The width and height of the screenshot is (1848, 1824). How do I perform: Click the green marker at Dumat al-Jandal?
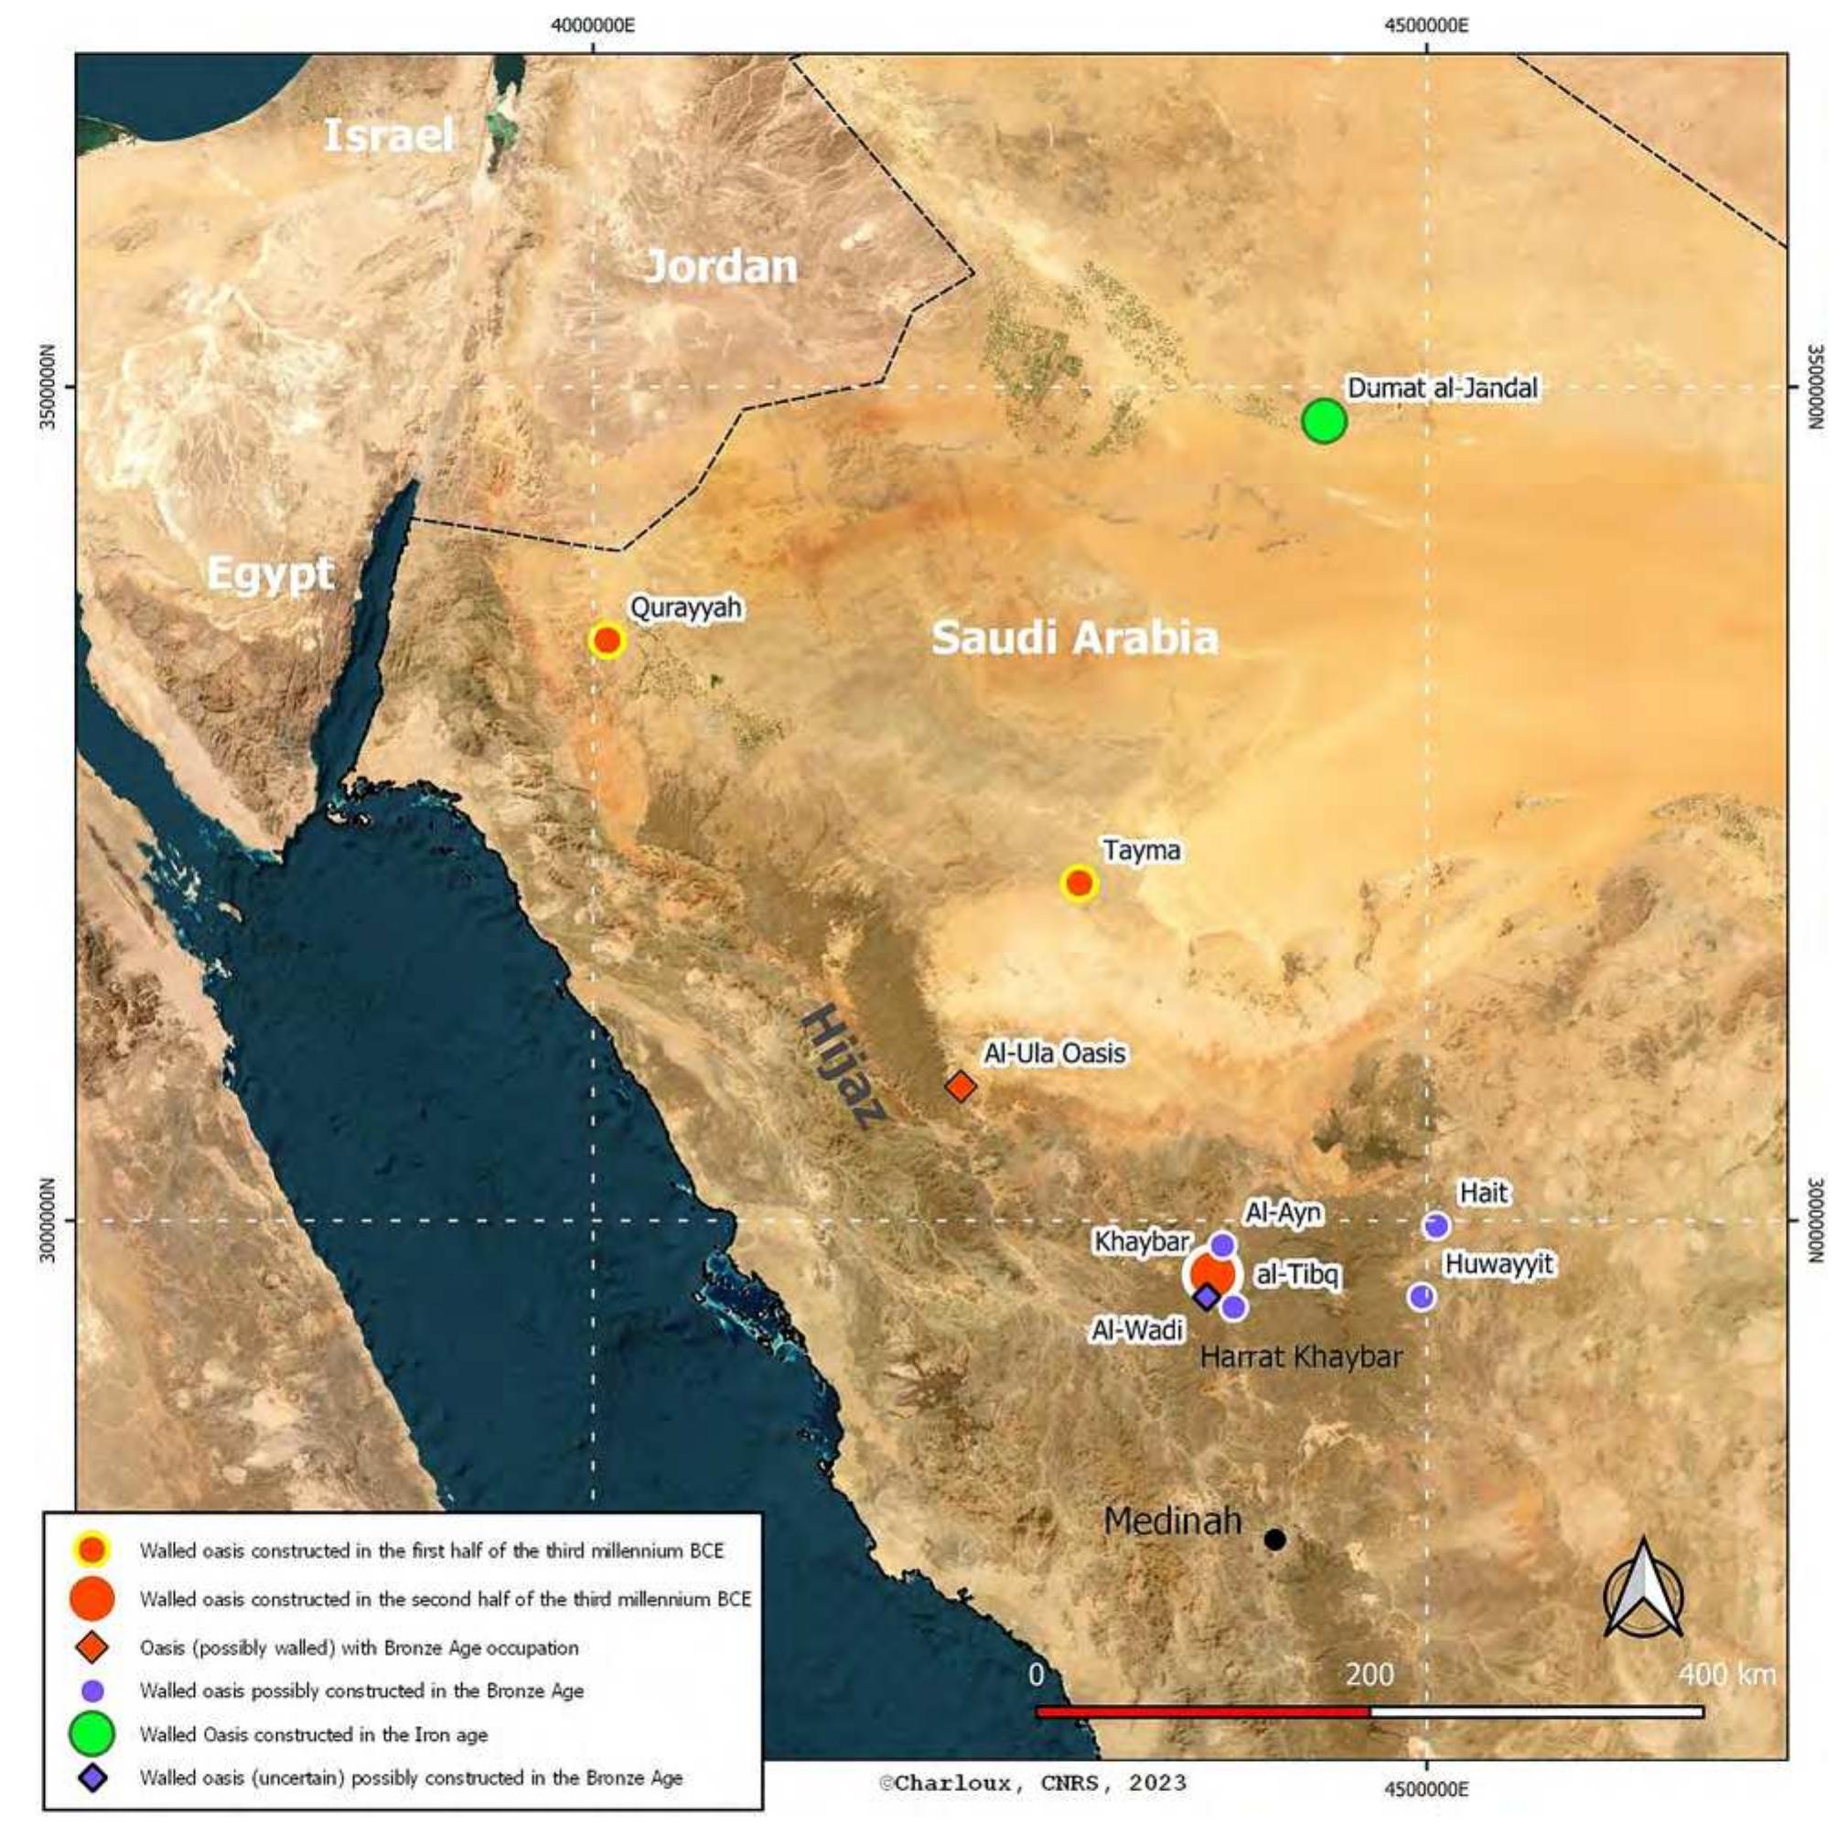coord(1324,421)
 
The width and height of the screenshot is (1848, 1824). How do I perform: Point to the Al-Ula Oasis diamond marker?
coord(962,1086)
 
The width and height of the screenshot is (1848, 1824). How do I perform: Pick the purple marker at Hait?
coord(1435,1225)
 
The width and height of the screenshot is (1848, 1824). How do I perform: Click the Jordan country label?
coord(721,266)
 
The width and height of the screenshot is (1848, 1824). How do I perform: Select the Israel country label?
coord(388,135)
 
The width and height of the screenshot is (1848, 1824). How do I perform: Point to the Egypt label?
coord(271,574)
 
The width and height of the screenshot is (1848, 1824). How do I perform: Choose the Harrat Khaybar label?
coord(1301,1357)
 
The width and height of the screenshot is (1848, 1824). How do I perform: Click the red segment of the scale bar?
coord(1202,1712)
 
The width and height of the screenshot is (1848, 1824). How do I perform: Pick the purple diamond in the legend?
coord(92,1778)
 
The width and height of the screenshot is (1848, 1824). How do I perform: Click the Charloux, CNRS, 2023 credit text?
coord(1033,1783)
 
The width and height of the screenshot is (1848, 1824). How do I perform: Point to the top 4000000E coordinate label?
coord(593,25)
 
